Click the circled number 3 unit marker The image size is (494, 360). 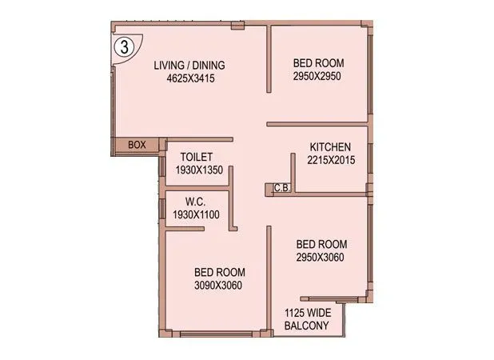coord(123,46)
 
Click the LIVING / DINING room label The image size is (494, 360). coord(189,66)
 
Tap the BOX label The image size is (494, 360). coord(137,145)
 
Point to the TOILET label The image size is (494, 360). coord(197,157)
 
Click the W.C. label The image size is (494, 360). coord(197,202)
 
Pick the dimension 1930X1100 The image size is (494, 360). coord(196,214)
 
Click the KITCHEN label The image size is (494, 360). coord(330,147)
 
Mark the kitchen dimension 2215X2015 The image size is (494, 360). coord(330,160)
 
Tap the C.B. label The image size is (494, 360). coord(281,189)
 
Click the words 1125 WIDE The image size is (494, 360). coord(307,314)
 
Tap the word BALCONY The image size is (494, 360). coord(307,326)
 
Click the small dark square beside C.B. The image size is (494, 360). coord(267,189)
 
